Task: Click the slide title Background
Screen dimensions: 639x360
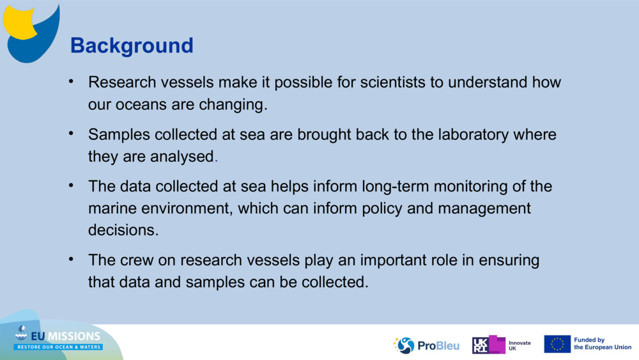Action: point(132,45)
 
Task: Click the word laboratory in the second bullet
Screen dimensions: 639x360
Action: point(473,135)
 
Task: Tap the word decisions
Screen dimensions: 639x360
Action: point(123,230)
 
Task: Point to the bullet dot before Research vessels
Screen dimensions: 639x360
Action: point(72,82)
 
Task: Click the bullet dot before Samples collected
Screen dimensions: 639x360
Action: point(72,133)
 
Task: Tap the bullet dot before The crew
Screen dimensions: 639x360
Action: point(72,260)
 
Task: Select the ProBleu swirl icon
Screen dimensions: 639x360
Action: point(404,345)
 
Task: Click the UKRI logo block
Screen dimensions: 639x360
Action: point(489,345)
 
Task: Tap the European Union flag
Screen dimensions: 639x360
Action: point(557,344)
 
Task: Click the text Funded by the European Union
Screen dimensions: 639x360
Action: point(603,343)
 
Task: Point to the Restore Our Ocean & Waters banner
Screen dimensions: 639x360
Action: point(58,347)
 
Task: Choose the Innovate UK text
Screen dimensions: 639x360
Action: point(519,346)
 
